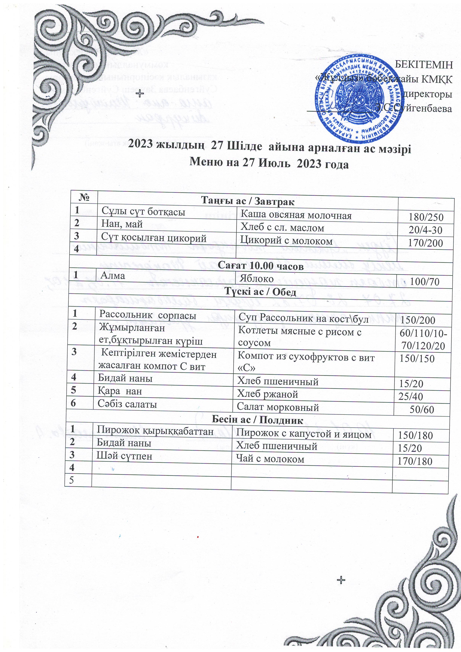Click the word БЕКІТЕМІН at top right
[423, 65]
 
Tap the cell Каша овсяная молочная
[296, 216]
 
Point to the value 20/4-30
[425, 230]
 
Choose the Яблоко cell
[257, 279]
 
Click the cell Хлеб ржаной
[267, 394]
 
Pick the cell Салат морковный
[278, 407]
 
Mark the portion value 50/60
[422, 409]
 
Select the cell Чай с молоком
[270, 459]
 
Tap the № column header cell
[84, 197]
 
